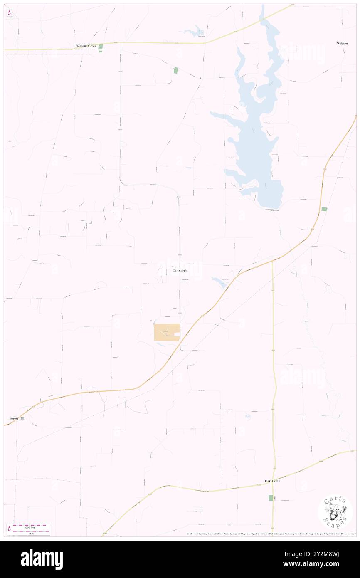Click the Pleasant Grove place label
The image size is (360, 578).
pos(86,46)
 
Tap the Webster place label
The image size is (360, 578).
pos(343,43)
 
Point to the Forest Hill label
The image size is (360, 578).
pos(17,418)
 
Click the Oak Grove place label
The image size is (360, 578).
pos(273,481)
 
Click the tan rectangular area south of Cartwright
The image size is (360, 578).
pos(167,332)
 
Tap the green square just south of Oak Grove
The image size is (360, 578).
pos(271,498)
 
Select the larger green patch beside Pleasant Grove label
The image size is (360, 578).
pos(100,47)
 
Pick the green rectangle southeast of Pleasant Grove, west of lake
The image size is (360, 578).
pos(175,70)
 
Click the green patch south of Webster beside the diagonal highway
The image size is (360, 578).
pos(324,209)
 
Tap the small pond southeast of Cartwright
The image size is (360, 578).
pos(219,283)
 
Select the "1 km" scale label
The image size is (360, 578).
pos(30,534)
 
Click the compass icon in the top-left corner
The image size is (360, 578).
pos(9,13)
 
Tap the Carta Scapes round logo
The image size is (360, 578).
pos(335,512)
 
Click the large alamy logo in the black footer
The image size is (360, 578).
pos(42,559)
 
